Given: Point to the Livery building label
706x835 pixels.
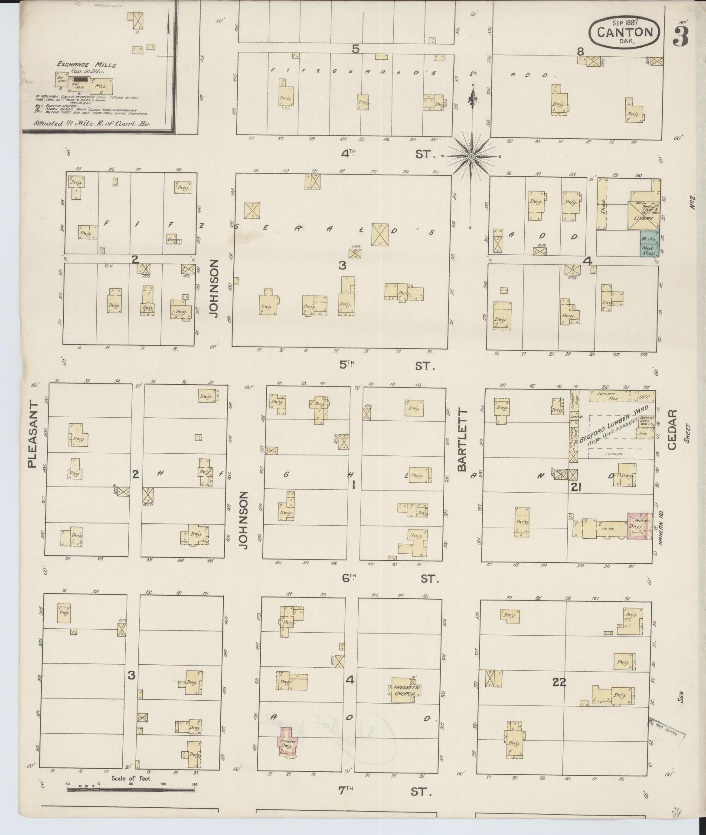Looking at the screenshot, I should [x=643, y=218].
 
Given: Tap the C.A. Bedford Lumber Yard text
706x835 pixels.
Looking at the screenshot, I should [x=609, y=427].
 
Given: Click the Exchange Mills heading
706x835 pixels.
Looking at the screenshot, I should [x=86, y=65].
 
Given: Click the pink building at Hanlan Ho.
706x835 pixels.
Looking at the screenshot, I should [x=640, y=526].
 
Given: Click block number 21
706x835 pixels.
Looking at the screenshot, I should [x=576, y=487].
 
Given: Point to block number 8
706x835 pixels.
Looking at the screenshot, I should [x=580, y=51].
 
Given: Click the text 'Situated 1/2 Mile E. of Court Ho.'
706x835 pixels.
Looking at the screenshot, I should [x=92, y=123].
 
